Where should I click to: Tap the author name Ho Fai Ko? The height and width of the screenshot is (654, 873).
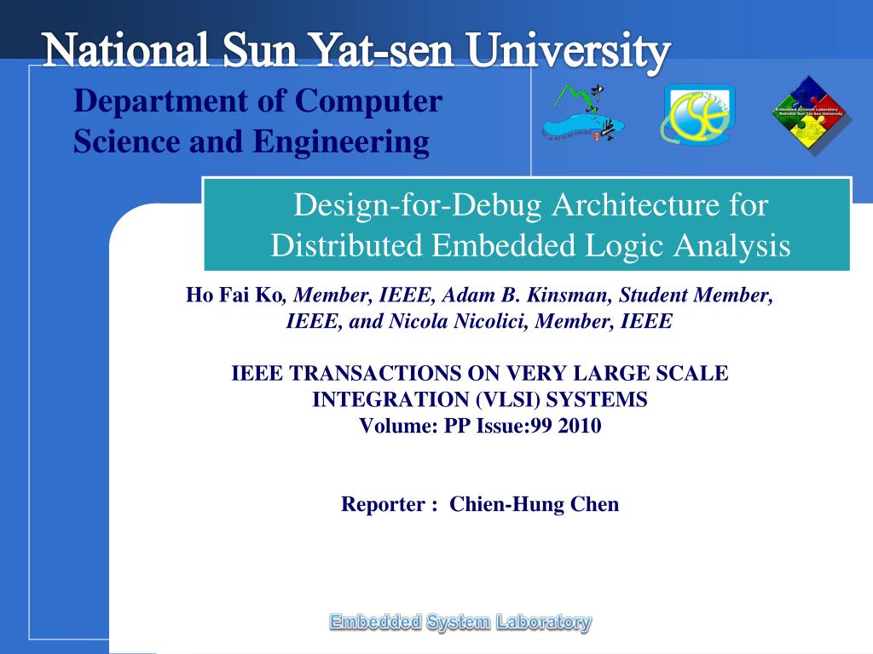pyautogui.click(x=234, y=295)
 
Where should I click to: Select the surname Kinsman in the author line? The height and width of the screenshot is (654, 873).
pyautogui.click(x=569, y=295)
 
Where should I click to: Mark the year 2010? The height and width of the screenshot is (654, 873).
pyautogui.click(x=580, y=426)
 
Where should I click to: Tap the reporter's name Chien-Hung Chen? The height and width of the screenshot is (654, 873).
pyautogui.click(x=535, y=504)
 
